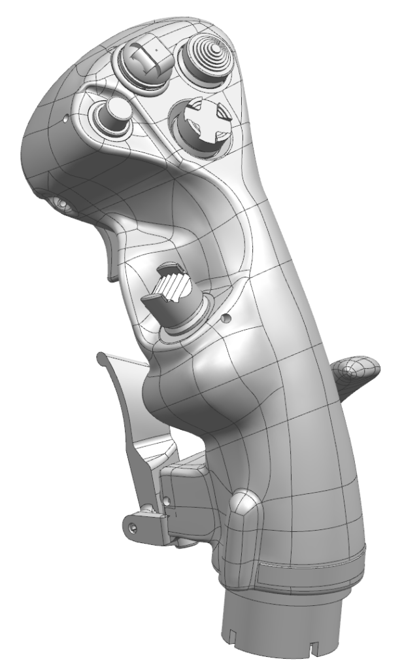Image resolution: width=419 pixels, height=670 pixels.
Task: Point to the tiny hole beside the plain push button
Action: [x=67, y=120]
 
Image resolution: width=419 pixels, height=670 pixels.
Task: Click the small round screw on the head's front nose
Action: [x=61, y=204]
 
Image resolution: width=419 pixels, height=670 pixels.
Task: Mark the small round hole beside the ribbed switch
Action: [x=226, y=319]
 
